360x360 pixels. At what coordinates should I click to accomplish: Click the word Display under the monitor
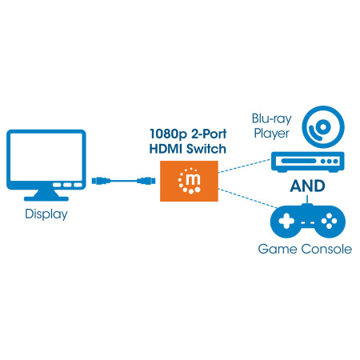pyautogui.click(x=45, y=214)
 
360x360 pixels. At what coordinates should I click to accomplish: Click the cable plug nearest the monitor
pyautogui.click(x=99, y=181)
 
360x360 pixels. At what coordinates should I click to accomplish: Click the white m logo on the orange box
pyautogui.click(x=192, y=182)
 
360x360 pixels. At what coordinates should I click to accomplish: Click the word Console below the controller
pyautogui.click(x=322, y=249)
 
